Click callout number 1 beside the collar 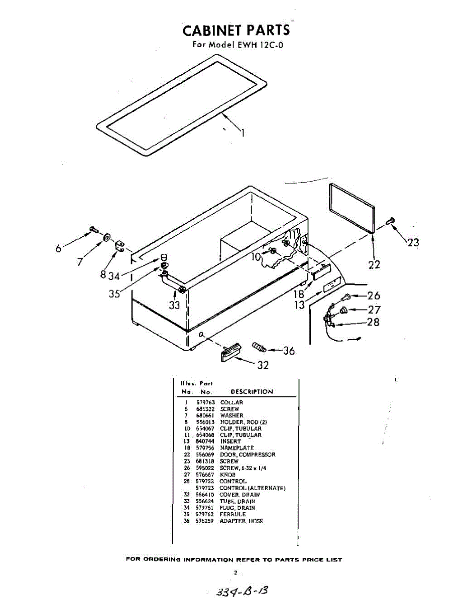243,133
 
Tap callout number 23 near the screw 413,243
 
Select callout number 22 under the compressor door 374,264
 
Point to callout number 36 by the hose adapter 288,351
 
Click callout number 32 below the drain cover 263,366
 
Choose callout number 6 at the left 59,248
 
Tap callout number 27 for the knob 374,310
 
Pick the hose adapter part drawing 259,346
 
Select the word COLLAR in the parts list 231,402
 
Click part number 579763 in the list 204,402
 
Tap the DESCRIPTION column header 252,392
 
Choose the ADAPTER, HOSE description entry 241,521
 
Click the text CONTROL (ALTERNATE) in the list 253,488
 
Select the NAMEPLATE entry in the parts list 236,448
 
